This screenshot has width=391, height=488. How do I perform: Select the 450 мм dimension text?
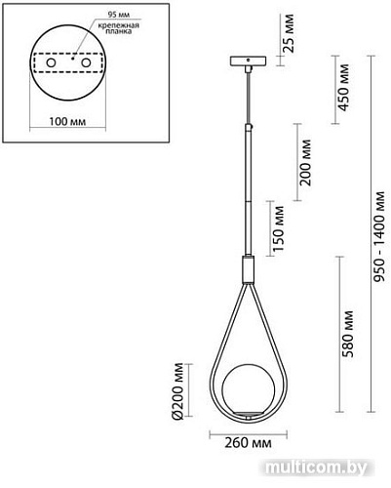[x=341, y=89]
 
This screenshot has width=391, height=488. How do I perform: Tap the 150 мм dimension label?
[x=280, y=226]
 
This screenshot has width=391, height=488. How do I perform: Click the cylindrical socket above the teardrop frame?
[x=248, y=264]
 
